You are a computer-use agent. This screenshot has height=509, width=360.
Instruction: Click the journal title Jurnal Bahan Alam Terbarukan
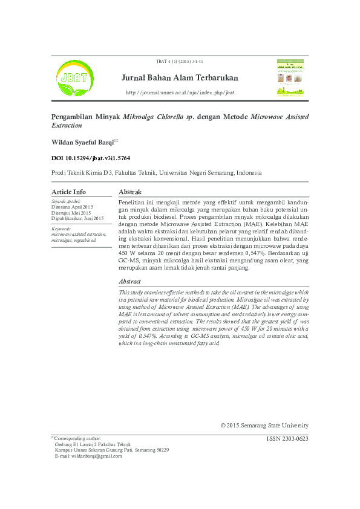[180, 78]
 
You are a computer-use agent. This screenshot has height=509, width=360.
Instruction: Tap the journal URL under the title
[180, 92]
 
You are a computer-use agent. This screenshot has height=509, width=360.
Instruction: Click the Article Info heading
[69, 192]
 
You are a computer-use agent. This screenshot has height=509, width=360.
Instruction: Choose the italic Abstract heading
[130, 282]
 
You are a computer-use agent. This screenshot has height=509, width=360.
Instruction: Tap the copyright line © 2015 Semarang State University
[264, 426]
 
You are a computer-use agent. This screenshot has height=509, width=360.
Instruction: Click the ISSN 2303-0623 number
[287, 439]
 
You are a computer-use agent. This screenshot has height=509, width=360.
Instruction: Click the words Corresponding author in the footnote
[78, 438]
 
